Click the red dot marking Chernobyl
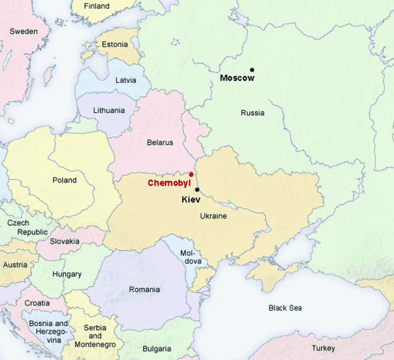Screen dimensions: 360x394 pos(191,174)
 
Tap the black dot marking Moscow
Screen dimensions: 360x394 pos(252,70)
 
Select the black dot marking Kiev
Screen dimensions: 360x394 pos(197,190)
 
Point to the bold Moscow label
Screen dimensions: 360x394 pos(237,78)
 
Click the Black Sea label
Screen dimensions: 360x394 pos(285,308)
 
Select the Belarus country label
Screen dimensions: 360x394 pos(160,143)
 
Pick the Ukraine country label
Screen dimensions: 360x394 pos(213,216)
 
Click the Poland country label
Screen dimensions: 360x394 pos(64,180)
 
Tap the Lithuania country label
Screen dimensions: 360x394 pos(109,111)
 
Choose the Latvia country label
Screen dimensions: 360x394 pos(126,80)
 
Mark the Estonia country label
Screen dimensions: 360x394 pos(115,45)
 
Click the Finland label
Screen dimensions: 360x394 pos(96,6)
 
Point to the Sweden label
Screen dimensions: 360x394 pos(23,31)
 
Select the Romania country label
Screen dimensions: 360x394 pos(144,290)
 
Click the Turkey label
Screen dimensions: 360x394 pos(323,348)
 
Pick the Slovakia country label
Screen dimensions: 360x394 pos(64,241)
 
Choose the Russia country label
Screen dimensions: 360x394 pos(253,113)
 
